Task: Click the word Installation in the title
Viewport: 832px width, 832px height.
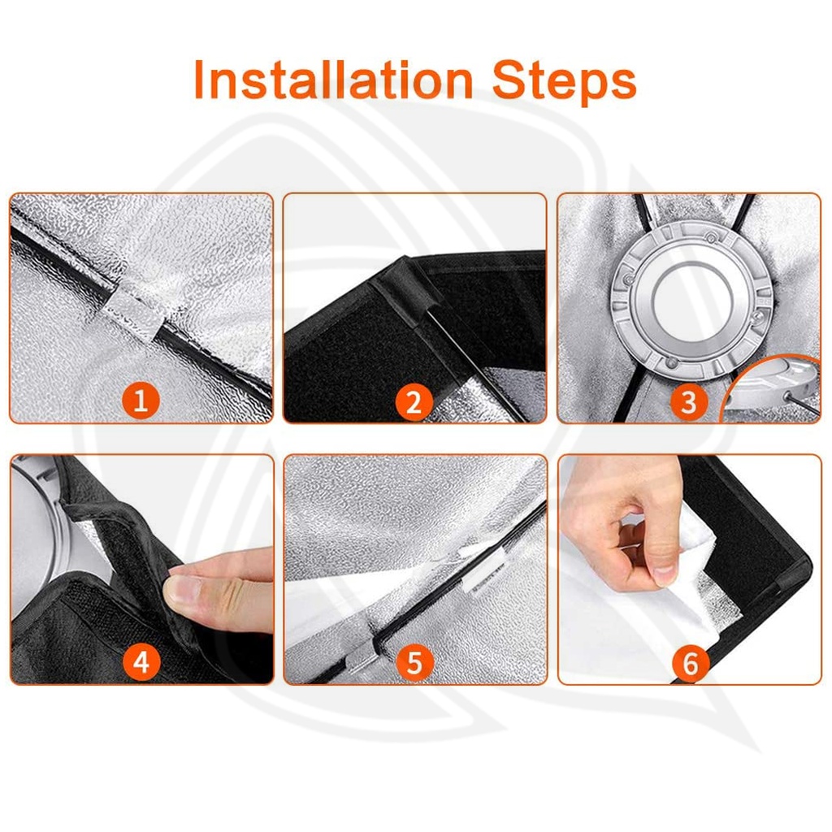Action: click(333, 80)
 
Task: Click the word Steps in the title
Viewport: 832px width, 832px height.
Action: click(564, 81)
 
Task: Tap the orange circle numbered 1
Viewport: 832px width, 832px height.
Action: click(141, 401)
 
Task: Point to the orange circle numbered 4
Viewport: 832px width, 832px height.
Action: click(141, 662)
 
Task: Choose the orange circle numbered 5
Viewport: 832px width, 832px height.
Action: click(414, 663)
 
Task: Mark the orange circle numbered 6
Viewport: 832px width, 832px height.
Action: click(690, 663)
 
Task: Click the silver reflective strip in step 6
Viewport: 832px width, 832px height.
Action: click(722, 600)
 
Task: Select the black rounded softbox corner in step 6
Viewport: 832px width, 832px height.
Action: click(796, 568)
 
